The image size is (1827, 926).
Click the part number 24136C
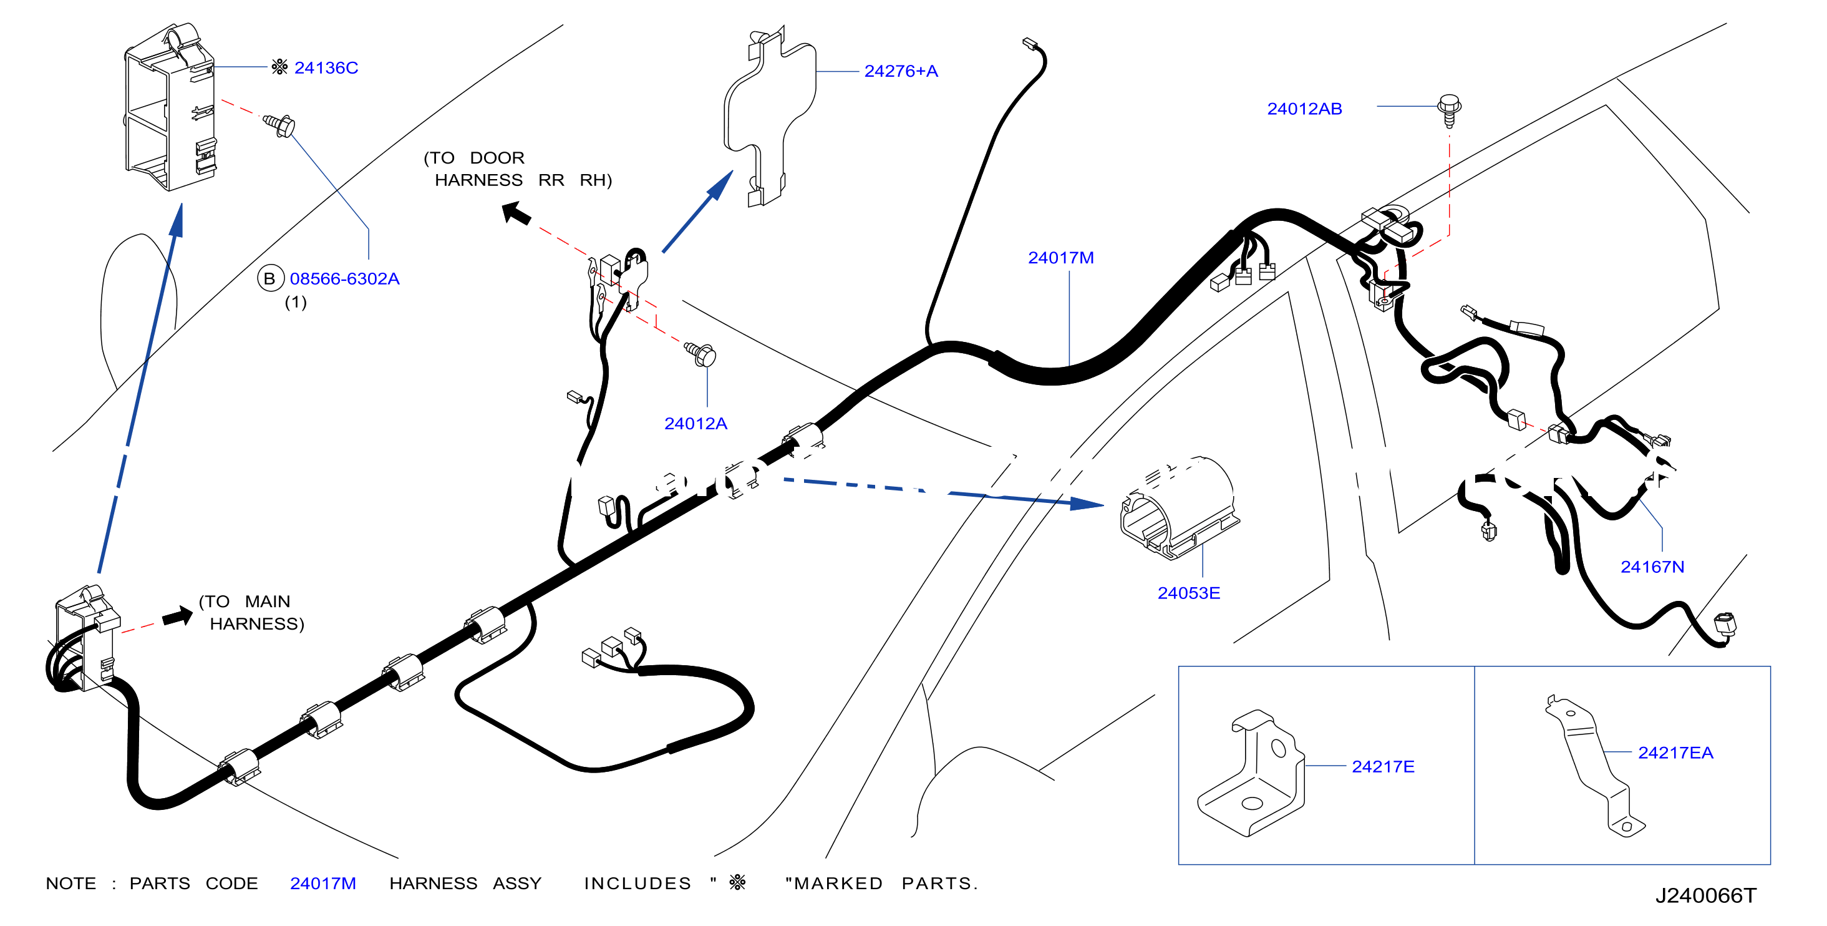click(x=326, y=68)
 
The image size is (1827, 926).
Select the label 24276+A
click(x=901, y=71)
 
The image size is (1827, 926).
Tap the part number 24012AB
click(x=1304, y=109)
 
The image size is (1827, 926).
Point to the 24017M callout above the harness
click(x=1061, y=258)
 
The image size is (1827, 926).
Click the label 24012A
click(x=695, y=424)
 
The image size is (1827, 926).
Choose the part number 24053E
click(x=1189, y=593)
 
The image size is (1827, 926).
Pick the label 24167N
click(x=1652, y=567)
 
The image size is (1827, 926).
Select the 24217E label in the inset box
click(x=1383, y=766)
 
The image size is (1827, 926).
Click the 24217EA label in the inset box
click(x=1675, y=753)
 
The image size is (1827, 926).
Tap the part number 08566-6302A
click(x=345, y=279)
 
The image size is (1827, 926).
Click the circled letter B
click(x=269, y=279)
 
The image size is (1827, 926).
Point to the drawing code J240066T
click(x=1706, y=895)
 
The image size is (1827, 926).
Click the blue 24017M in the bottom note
click(x=323, y=884)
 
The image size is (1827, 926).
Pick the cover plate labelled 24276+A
click(x=770, y=117)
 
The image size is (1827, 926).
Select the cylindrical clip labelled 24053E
click(x=1179, y=507)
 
